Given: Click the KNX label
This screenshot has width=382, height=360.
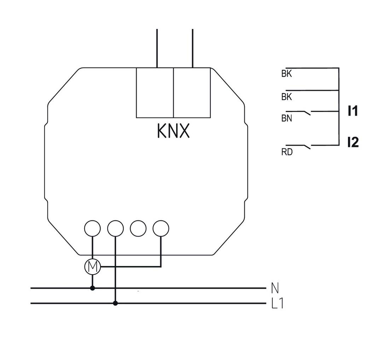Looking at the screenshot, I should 173,131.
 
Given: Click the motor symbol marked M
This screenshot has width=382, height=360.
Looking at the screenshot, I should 93,267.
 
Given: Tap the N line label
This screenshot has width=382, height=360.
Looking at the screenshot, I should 274,288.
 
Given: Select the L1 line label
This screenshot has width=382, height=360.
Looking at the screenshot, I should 277,303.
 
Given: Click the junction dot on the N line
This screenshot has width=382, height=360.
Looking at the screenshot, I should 93,288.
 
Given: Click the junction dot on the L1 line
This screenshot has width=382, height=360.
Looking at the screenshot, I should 115,303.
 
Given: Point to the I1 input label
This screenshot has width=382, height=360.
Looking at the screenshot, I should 353,111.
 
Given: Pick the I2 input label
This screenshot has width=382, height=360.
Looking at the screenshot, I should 353,142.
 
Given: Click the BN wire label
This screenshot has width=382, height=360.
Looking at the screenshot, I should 286,119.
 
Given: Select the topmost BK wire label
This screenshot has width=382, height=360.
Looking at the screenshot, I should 286,75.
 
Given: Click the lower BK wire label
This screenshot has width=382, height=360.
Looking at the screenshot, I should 286,97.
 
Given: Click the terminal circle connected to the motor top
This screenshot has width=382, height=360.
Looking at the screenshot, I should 93,228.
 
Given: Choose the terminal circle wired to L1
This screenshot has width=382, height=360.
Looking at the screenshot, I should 115,228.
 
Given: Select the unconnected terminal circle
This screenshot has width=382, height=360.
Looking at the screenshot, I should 138,228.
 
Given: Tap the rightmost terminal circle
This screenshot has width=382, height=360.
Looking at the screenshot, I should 161,228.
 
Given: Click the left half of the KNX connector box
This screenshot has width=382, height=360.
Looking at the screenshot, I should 155,93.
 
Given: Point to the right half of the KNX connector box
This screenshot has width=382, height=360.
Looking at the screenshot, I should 192,93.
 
